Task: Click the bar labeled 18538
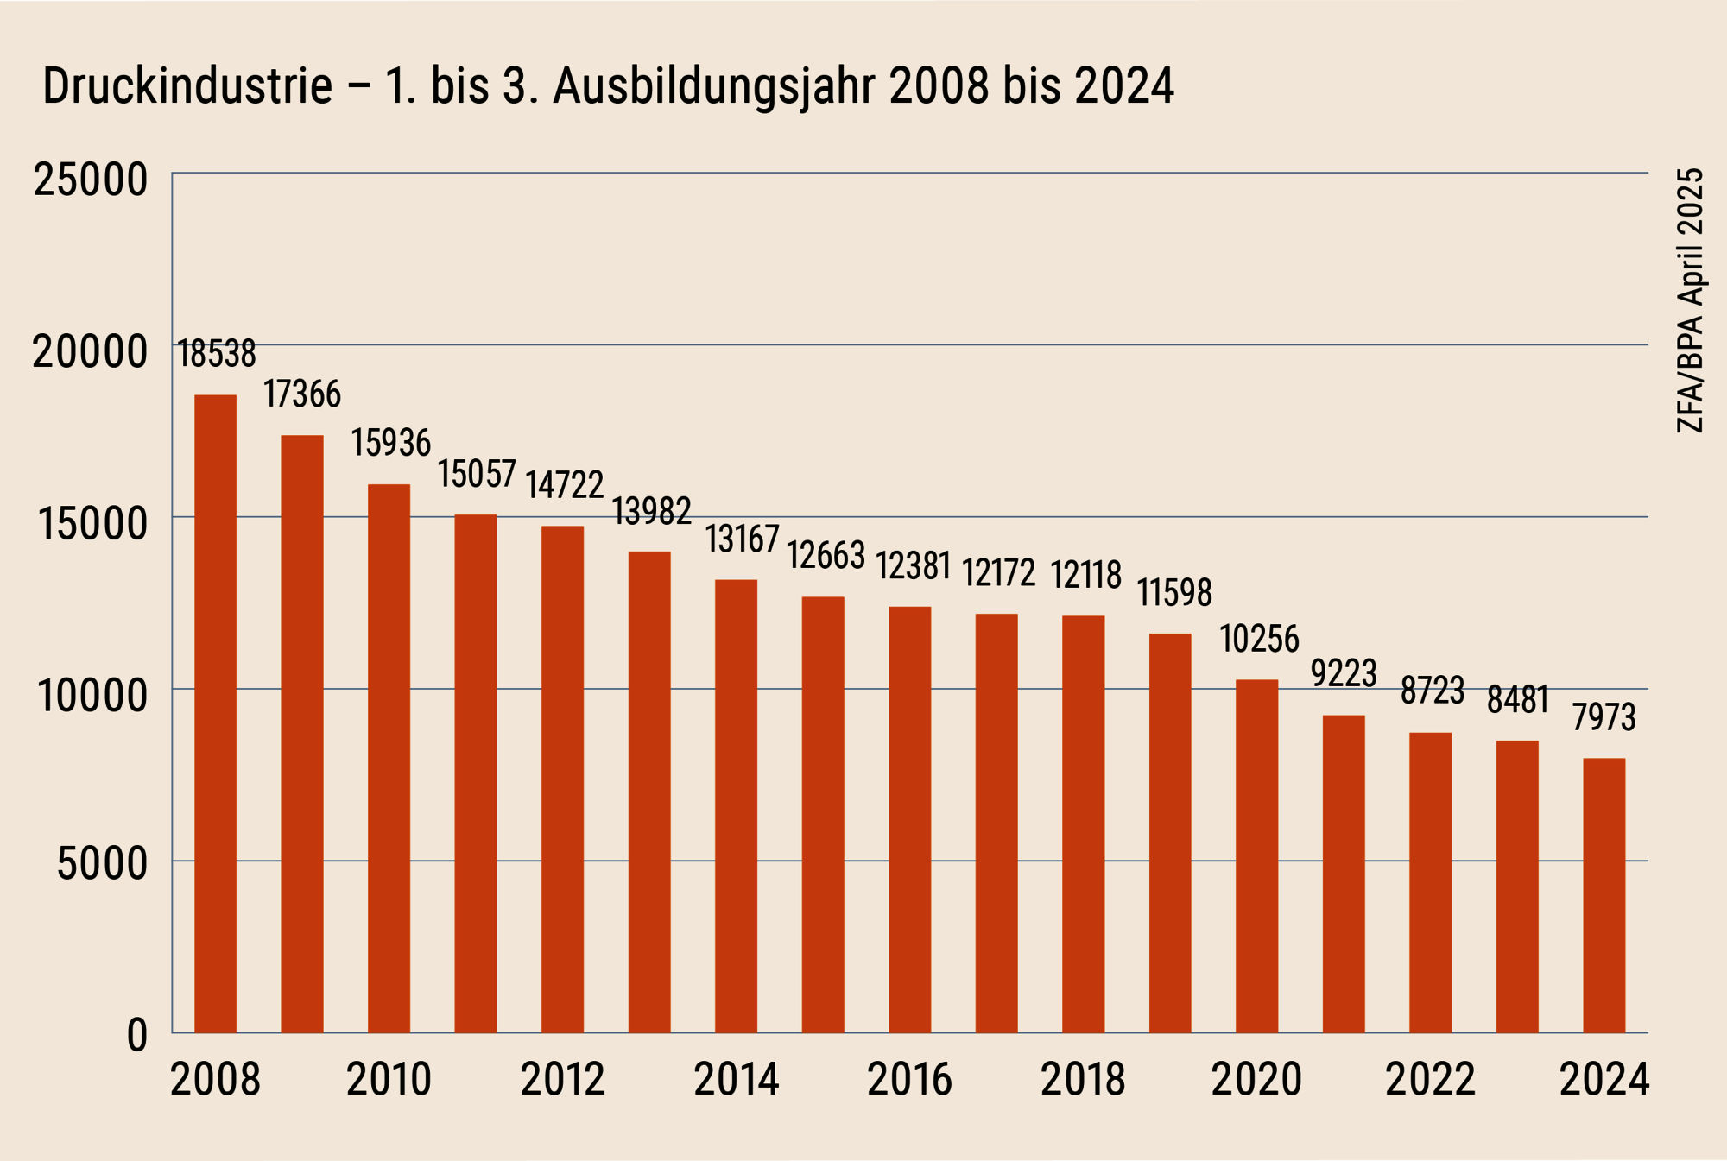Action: click(x=215, y=713)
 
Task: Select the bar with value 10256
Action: click(x=1256, y=855)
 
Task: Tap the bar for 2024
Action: click(x=1604, y=895)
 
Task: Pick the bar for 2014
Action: click(x=736, y=805)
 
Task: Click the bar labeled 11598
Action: click(x=1170, y=832)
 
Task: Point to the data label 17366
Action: click(x=302, y=394)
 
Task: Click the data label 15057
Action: click(x=477, y=474)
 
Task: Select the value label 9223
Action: click(x=1344, y=673)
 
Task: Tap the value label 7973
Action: click(x=1604, y=717)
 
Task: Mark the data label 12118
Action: click(x=1085, y=575)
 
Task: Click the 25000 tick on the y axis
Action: click(x=91, y=180)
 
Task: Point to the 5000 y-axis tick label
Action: click(x=102, y=863)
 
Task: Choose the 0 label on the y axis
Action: click(x=137, y=1035)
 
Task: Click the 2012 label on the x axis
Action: click(x=562, y=1080)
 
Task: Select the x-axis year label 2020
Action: click(x=1256, y=1080)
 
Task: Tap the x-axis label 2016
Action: click(x=909, y=1080)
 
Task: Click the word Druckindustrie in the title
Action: click(x=187, y=86)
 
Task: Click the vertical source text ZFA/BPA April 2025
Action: click(x=1690, y=300)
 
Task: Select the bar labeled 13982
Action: click(x=649, y=792)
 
